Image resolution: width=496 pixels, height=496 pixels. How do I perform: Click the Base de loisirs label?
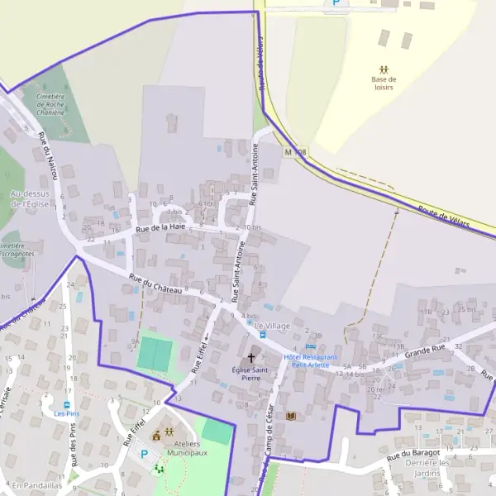pos(384,83)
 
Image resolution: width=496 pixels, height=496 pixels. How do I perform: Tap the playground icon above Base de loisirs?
pos(384,69)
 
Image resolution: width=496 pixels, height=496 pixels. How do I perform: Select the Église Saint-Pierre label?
pos(251,374)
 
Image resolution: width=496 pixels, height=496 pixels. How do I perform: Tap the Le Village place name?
pos(272,326)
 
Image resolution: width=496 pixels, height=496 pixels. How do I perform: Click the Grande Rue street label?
pos(425,354)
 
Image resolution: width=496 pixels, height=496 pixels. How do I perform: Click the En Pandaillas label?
pos(37,485)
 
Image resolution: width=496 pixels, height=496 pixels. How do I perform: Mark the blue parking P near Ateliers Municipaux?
pos(144,453)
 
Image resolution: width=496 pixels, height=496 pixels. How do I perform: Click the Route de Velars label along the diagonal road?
pos(444,216)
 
